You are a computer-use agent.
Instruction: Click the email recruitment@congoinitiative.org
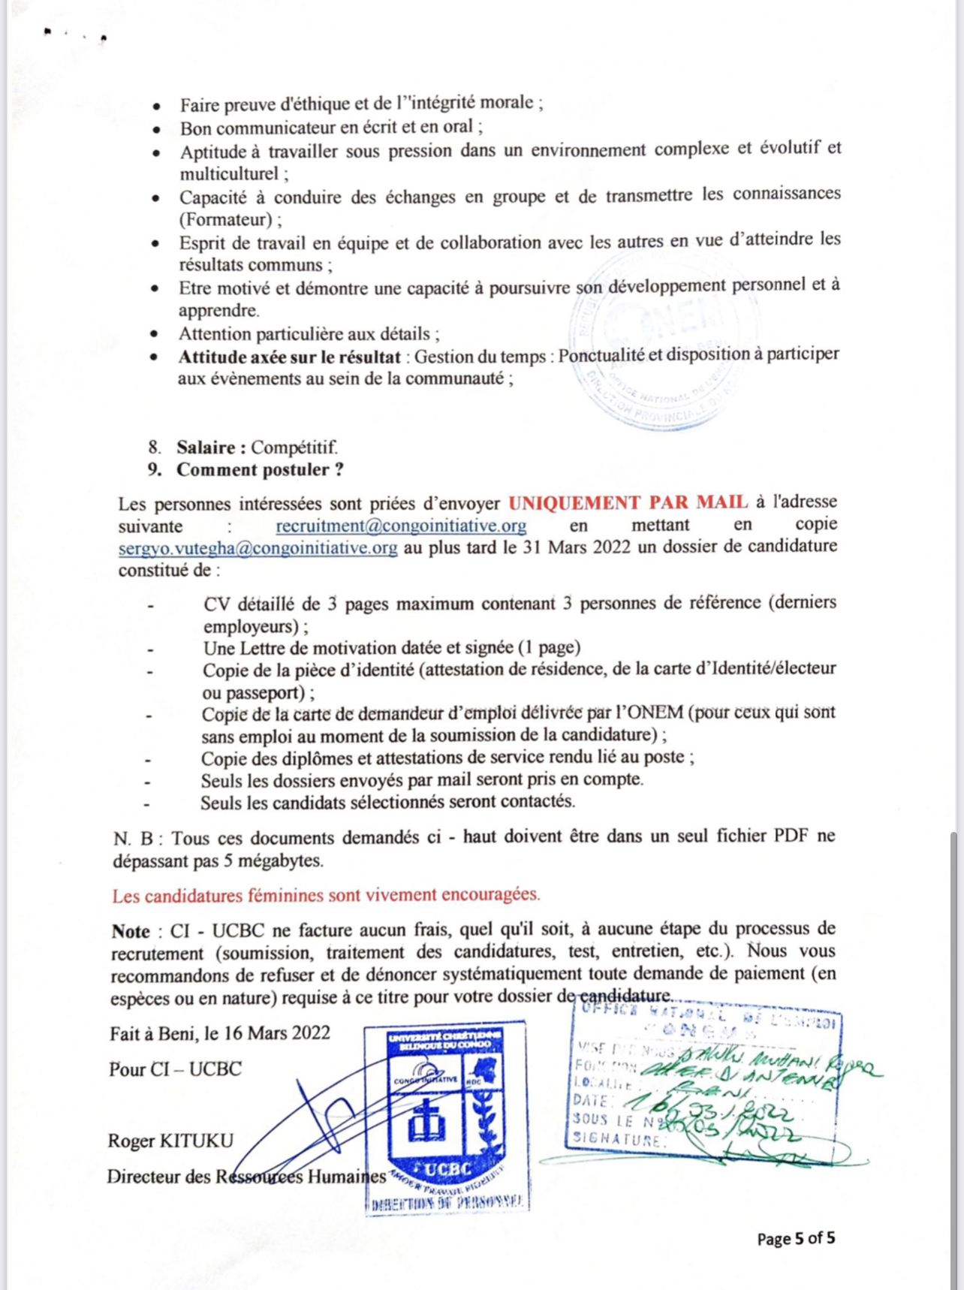coord(401,525)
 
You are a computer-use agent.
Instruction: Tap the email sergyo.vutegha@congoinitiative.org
coord(258,547)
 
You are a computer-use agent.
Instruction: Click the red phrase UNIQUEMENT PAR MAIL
coord(628,502)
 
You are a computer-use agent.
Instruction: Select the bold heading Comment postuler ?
coord(260,470)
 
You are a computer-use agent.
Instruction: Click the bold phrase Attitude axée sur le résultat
coord(289,357)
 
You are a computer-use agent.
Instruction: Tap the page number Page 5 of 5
coord(796,1238)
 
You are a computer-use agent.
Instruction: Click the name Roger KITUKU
coord(170,1141)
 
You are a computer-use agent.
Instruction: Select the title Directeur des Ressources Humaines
coord(246,1176)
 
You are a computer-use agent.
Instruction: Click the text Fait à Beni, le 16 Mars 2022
coord(220,1033)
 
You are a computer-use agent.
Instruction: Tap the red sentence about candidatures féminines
coord(326,895)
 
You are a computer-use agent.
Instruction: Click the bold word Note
coord(131,931)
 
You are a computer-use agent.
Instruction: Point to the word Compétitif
coord(294,448)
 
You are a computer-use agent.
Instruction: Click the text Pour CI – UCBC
coord(175,1068)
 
